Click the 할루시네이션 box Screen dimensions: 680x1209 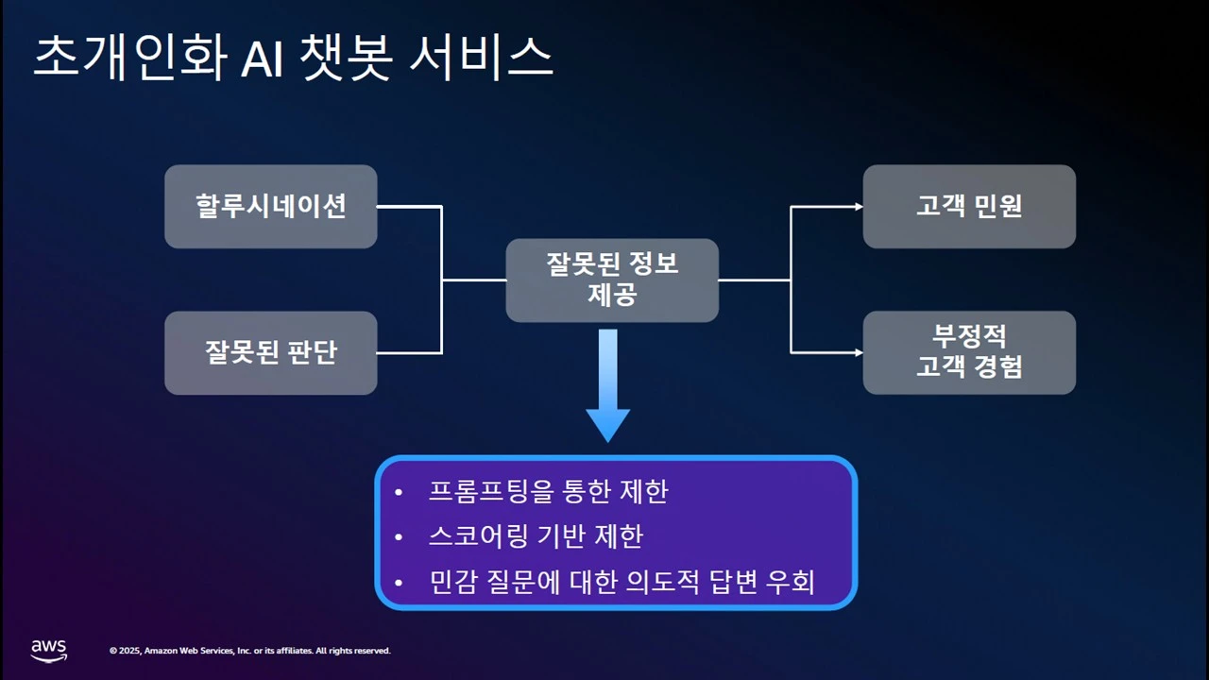coord(271,207)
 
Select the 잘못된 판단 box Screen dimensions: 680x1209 coord(271,353)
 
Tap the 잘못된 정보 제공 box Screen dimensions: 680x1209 coord(612,280)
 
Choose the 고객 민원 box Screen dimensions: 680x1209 coord(969,207)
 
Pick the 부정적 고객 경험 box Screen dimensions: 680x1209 coord(969,352)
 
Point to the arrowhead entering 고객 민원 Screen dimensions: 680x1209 coord(857,207)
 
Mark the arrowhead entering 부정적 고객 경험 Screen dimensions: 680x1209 coord(857,352)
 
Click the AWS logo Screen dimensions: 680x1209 coord(49,650)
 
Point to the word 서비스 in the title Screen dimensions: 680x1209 coord(482,59)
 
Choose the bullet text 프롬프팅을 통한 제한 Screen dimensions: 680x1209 coord(548,492)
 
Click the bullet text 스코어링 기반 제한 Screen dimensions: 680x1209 coord(536,536)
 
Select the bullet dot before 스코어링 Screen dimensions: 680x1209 coord(399,537)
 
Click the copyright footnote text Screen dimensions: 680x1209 coord(249,651)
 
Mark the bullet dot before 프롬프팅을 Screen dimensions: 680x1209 coord(399,493)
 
